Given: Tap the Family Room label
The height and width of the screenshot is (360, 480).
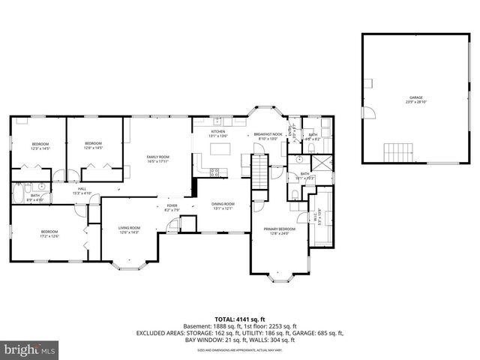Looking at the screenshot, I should pos(157,158).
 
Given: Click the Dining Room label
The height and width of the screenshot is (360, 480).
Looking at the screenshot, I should pos(223,205).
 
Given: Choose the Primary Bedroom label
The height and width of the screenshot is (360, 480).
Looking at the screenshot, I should pos(279,230).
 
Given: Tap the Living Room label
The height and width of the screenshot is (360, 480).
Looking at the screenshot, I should pos(130,229).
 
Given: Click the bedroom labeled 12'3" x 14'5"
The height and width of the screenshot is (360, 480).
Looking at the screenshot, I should pos(40,145).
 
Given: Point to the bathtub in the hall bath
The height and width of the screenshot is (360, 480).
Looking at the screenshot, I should pos(19,197).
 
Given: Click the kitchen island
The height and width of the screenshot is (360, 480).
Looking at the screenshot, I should pos(220,150).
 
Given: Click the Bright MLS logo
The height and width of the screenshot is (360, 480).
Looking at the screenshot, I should pos(30,350).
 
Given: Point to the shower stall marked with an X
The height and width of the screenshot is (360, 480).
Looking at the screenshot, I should pos(319,164).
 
